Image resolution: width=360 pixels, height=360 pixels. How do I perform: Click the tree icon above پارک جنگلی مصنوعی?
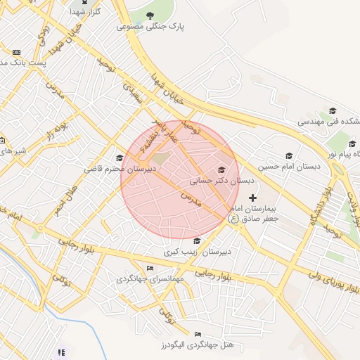tap(150, 14)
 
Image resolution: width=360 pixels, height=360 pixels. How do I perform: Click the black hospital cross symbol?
tap(253, 198)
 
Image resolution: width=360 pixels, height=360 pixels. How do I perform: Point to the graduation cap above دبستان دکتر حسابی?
tap(222, 169)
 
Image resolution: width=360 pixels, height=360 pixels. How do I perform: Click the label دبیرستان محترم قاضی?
tap(119, 169)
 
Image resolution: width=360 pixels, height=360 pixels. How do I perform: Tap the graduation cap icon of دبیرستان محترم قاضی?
tap(120, 157)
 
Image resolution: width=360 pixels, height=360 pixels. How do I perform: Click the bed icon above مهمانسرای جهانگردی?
tap(149, 268)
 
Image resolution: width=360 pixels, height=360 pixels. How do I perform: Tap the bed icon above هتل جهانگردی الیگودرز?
tap(198, 333)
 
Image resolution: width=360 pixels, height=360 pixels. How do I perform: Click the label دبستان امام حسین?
tap(288, 167)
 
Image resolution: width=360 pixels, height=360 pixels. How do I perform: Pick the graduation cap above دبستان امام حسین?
tap(288, 155)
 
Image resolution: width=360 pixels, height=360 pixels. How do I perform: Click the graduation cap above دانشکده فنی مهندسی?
tap(333, 110)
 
